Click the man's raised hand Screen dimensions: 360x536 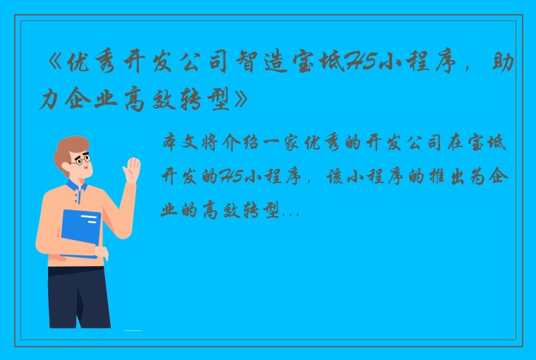point(131,170)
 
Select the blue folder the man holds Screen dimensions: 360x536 point(80,232)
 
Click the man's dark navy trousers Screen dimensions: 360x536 point(78,296)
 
